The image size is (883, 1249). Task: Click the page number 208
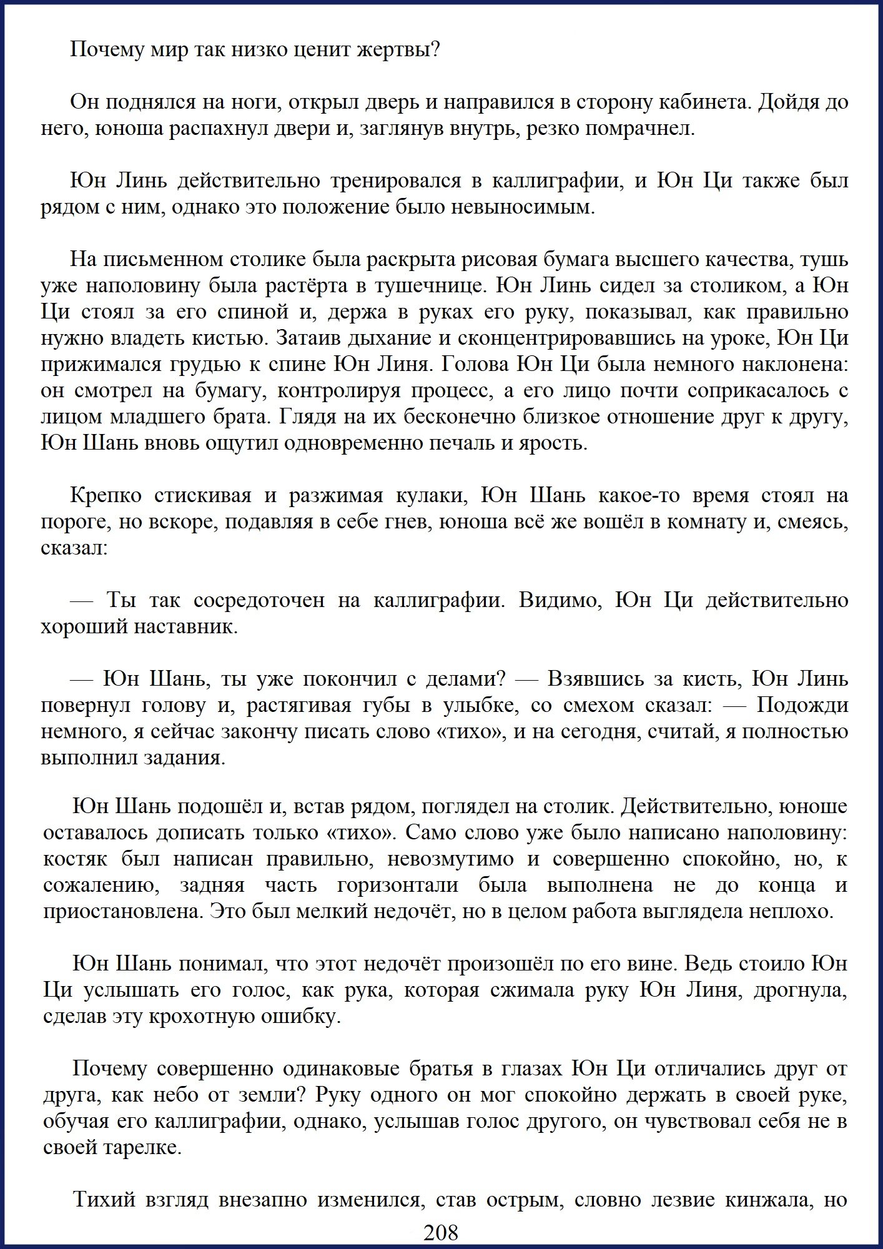click(x=441, y=1232)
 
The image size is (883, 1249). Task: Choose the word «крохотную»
click(x=200, y=1017)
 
